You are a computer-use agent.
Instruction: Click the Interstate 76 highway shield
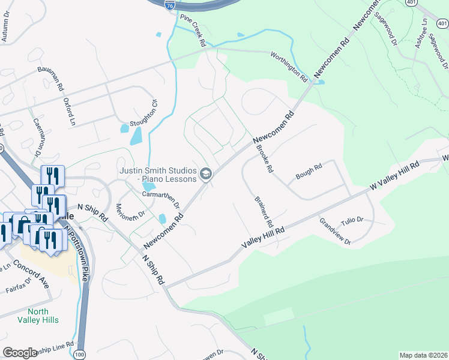[170, 4]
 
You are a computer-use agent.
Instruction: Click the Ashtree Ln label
[425, 29]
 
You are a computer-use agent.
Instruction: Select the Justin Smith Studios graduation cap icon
[206, 174]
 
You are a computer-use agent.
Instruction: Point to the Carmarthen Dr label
[161, 199]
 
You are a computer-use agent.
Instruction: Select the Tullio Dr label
[352, 220]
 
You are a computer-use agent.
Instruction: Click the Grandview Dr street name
[335, 232]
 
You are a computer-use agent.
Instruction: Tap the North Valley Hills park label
[43, 316]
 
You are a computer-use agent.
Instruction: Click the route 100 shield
[80, 355]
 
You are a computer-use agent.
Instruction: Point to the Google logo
[20, 352]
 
